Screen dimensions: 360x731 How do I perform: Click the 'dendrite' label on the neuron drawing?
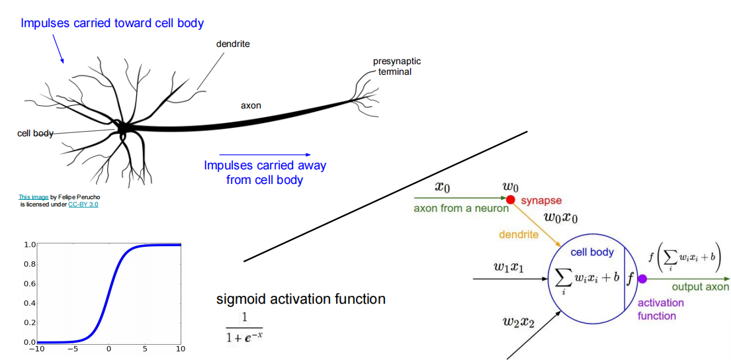pyautogui.click(x=233, y=44)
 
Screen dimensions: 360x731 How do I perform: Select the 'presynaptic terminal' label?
pyautogui.click(x=396, y=66)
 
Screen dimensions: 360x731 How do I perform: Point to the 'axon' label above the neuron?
pyautogui.click(x=251, y=105)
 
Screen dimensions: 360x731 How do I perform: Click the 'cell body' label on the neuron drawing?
pyautogui.click(x=35, y=134)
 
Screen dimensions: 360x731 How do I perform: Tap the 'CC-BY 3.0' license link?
pyautogui.click(x=83, y=204)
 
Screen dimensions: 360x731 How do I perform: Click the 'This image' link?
pyautogui.click(x=33, y=197)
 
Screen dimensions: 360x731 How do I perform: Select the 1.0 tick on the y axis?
pyautogui.click(x=29, y=245)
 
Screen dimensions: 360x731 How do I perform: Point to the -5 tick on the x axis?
pyautogui.click(x=75, y=349)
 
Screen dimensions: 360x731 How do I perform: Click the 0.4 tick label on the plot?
pyautogui.click(x=29, y=303)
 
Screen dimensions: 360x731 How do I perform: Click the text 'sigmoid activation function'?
pyautogui.click(x=301, y=299)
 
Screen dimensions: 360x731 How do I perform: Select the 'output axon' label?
pyautogui.click(x=700, y=287)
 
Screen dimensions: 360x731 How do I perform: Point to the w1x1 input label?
pyautogui.click(x=509, y=267)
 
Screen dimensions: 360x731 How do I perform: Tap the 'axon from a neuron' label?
pyautogui.click(x=461, y=208)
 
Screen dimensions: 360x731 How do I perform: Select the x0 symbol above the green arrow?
pyautogui.click(x=443, y=187)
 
